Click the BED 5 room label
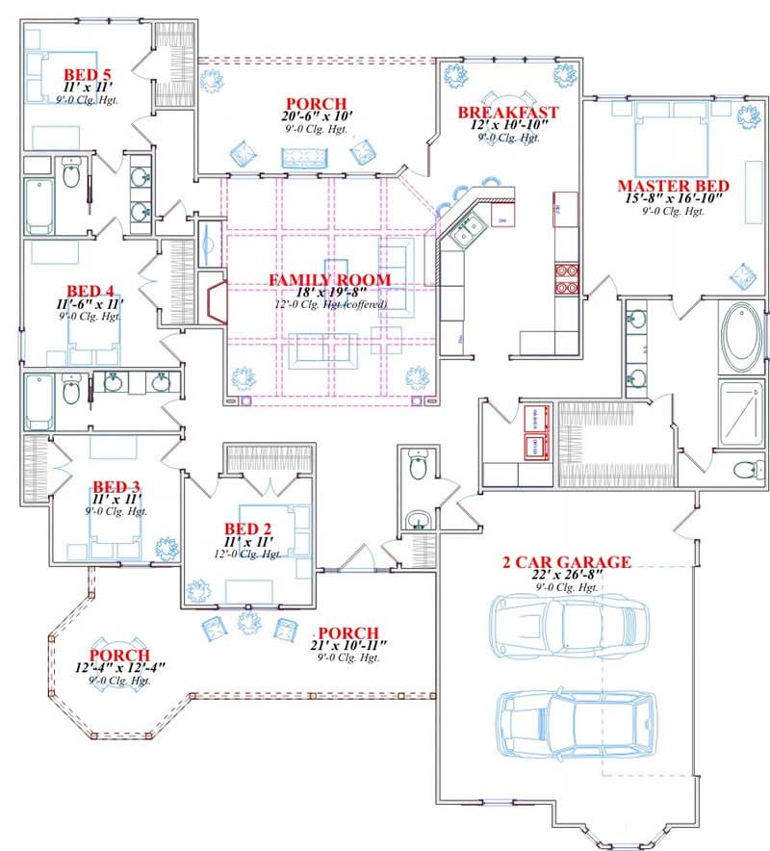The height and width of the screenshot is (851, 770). (88, 73)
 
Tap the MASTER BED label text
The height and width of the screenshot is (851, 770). (673, 186)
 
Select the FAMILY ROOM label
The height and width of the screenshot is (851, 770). (329, 280)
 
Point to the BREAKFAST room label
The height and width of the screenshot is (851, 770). (507, 112)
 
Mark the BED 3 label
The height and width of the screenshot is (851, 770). (116, 486)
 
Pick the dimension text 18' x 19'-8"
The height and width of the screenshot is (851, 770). (329, 293)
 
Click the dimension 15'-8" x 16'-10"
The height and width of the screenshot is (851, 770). (673, 199)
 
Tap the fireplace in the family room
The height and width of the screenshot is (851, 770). (213, 301)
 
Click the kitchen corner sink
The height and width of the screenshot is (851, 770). (468, 229)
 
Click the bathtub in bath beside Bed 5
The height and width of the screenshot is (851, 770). (39, 205)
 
